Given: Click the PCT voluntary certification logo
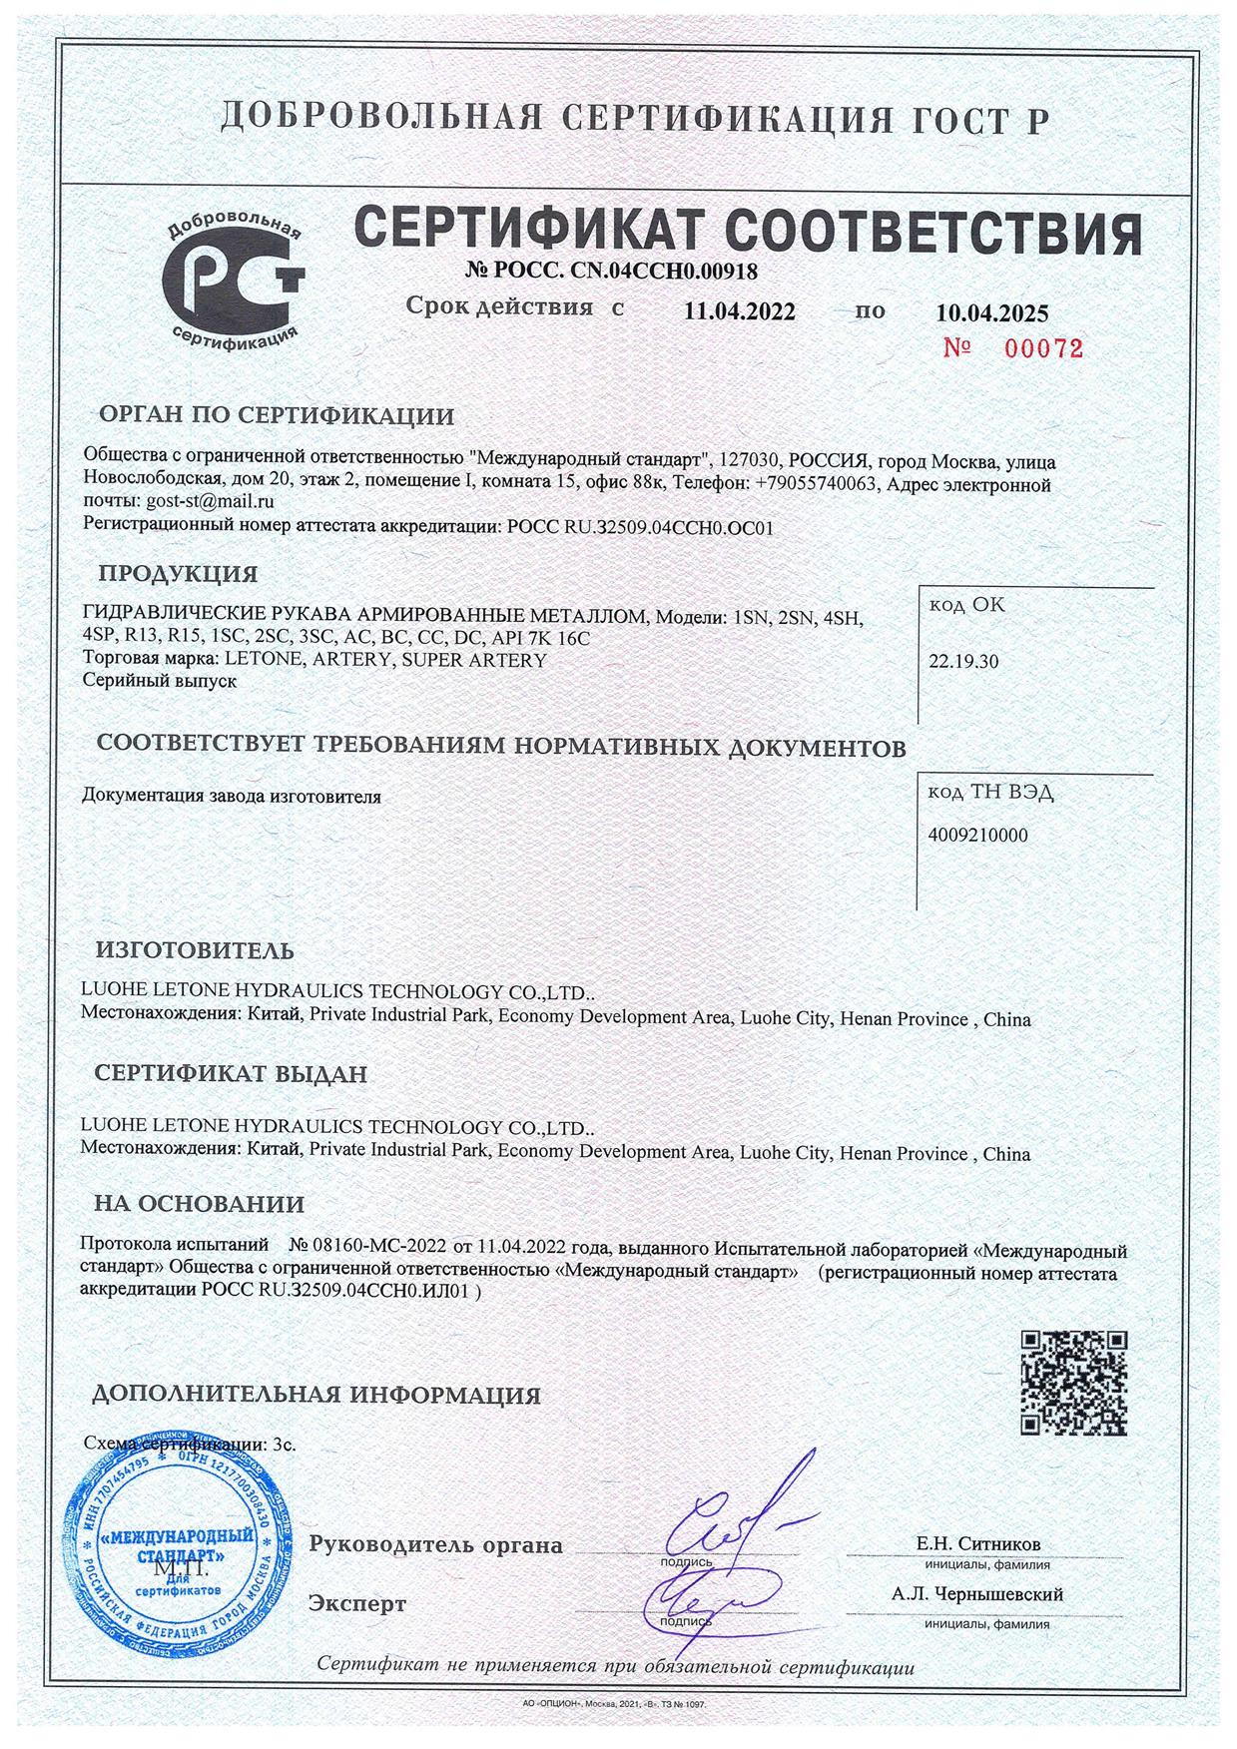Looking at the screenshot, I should click(x=234, y=274).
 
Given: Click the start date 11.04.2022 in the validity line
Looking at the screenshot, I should click(x=740, y=311).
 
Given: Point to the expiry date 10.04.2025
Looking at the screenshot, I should click(x=991, y=313).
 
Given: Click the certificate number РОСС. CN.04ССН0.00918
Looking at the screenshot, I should click(x=611, y=270).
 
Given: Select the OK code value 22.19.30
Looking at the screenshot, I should click(x=963, y=661).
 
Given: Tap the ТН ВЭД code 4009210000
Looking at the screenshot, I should click(x=977, y=836).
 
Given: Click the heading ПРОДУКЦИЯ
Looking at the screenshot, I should click(x=178, y=574).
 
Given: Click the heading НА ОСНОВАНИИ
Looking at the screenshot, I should click(x=200, y=1204).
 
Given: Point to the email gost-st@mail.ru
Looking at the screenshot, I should click(x=210, y=502).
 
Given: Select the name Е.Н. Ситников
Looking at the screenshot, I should click(x=977, y=1543).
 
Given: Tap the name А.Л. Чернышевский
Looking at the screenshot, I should click(x=977, y=1594).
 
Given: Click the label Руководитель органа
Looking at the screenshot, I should click(x=435, y=1545).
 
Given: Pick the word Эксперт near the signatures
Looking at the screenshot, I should click(x=357, y=1604).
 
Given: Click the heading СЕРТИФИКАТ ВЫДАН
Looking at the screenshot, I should click(x=231, y=1074).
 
